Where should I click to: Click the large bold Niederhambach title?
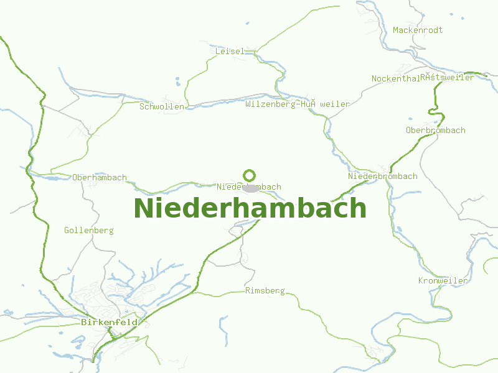[250, 208]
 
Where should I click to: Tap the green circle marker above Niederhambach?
[250, 175]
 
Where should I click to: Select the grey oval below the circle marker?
[250, 188]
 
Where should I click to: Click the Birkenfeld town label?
[109, 323]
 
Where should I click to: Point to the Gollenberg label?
[89, 231]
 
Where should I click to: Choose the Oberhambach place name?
[100, 178]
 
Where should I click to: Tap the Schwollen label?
[162, 107]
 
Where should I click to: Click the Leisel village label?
[230, 52]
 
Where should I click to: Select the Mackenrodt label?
[418, 30]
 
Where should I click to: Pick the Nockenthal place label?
[395, 79]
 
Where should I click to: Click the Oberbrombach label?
[435, 131]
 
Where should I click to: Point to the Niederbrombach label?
[383, 177]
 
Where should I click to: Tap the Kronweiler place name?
[443, 281]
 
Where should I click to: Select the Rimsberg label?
[265, 291]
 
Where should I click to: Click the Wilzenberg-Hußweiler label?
[298, 104]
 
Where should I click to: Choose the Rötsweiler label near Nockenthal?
[447, 78]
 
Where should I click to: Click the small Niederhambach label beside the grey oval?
[249, 186]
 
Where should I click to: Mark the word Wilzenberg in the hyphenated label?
[271, 104]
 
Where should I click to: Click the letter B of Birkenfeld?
[83, 323]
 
